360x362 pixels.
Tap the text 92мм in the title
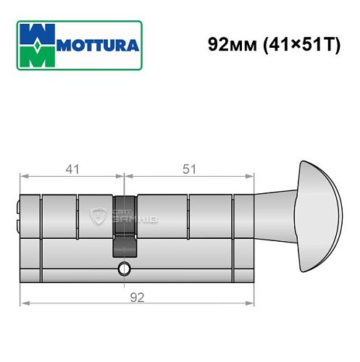227,43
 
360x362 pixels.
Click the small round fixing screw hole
125,269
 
